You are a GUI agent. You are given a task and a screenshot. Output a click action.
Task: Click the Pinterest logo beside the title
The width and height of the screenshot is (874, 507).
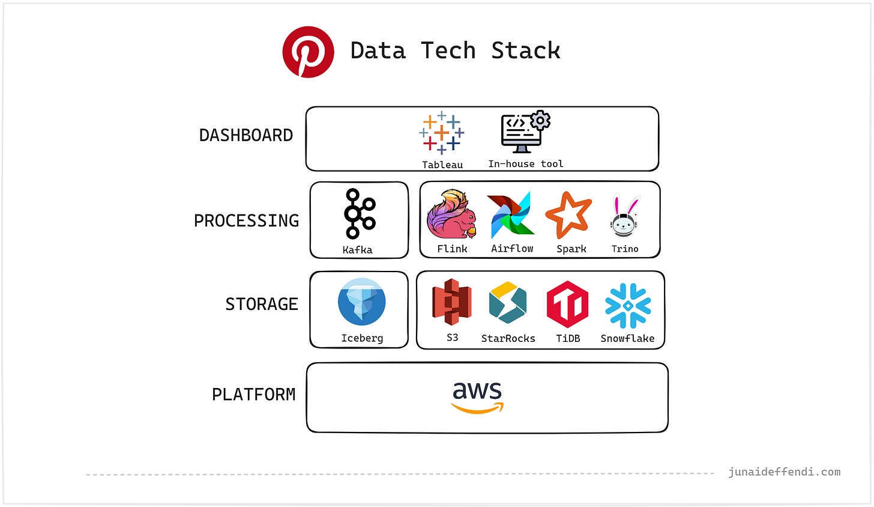click(x=308, y=52)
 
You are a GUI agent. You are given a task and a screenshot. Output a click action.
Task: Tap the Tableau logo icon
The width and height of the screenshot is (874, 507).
click(x=442, y=133)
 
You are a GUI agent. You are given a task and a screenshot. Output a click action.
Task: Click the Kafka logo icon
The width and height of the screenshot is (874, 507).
click(x=358, y=213)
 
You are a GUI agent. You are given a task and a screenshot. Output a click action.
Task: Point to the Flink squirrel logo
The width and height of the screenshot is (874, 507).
click(x=451, y=214)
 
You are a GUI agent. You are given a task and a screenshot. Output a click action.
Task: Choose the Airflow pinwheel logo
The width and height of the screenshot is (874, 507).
click(x=511, y=215)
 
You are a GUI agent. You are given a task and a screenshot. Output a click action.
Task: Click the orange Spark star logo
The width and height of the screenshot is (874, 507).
click(x=568, y=215)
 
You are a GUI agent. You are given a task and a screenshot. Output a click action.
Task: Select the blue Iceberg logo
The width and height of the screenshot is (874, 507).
click(x=361, y=302)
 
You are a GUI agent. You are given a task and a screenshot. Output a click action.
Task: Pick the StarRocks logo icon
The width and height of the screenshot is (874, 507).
click(x=508, y=303)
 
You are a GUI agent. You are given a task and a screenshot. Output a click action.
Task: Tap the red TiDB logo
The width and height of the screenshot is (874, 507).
click(x=567, y=303)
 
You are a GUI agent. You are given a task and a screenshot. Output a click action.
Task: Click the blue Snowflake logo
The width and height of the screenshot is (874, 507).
click(x=628, y=305)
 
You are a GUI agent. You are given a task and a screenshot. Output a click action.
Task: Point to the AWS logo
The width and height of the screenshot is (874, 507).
click(x=477, y=397)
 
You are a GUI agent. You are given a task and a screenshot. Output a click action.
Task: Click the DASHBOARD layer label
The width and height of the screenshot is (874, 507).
click(x=246, y=136)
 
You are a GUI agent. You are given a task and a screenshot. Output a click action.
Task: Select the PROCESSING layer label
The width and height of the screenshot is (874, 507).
click(x=246, y=221)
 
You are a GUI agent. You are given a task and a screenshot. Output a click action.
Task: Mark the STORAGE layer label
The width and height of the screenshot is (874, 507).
click(x=262, y=305)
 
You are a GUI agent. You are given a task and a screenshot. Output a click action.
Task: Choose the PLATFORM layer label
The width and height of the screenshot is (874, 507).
click(x=254, y=395)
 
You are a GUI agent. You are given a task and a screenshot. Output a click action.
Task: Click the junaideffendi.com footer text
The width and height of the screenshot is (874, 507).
click(x=784, y=472)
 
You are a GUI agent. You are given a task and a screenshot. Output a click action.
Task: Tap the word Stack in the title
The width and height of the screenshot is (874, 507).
click(x=526, y=51)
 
